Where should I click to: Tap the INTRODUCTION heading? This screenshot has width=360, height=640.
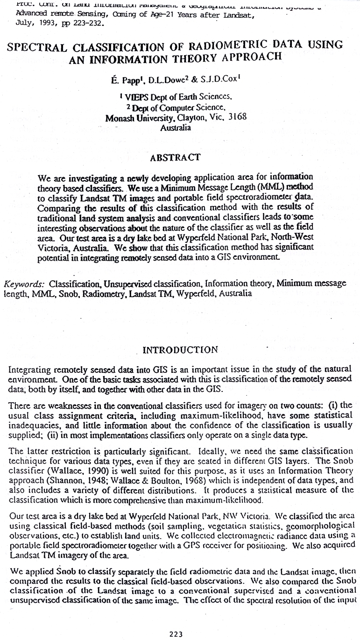[x=180, y=349]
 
